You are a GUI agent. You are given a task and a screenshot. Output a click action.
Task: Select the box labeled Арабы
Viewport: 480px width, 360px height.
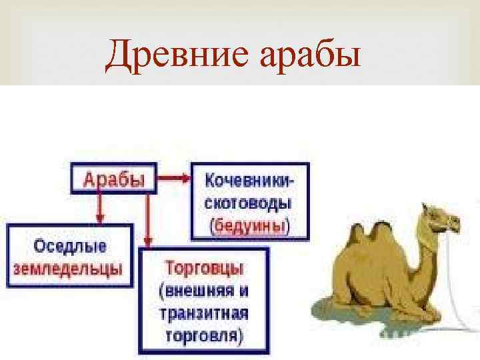point(113,179)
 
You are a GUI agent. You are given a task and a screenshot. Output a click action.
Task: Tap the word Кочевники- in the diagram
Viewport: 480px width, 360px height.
point(250,180)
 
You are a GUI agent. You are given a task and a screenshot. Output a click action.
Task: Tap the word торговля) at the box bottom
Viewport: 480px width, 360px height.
point(203,335)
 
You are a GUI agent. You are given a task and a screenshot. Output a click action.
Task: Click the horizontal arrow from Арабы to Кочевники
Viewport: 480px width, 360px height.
point(174,178)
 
